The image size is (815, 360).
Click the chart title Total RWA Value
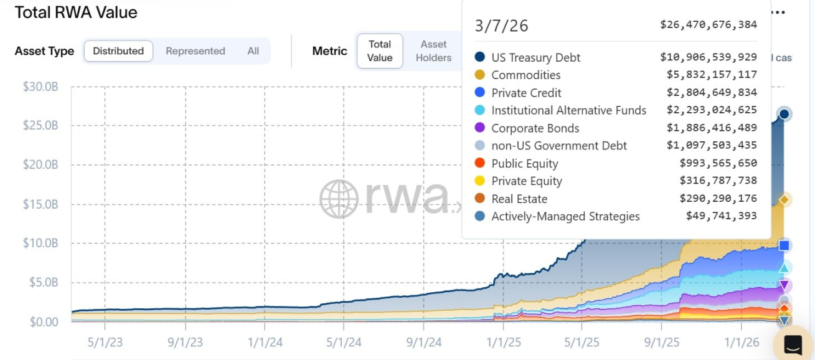76,12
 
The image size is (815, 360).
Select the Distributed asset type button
118,51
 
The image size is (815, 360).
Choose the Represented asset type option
195,51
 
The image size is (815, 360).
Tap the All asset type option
253,51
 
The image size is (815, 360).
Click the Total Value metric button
380,51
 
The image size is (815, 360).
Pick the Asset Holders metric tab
433,51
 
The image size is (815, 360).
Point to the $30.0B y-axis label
40,87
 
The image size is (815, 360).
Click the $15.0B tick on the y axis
40,204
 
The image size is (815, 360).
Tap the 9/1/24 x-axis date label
423,342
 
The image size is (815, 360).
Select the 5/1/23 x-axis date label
105,342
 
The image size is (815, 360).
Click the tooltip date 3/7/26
501,26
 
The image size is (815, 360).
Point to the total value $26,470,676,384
709,25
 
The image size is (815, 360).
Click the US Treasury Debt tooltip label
535,57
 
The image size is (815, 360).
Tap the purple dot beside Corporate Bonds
480,128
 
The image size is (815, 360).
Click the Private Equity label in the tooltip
527,181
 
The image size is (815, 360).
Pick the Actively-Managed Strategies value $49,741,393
722,216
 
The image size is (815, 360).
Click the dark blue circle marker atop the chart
784,114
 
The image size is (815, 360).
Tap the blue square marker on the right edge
784,245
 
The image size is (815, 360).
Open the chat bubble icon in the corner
793,344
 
